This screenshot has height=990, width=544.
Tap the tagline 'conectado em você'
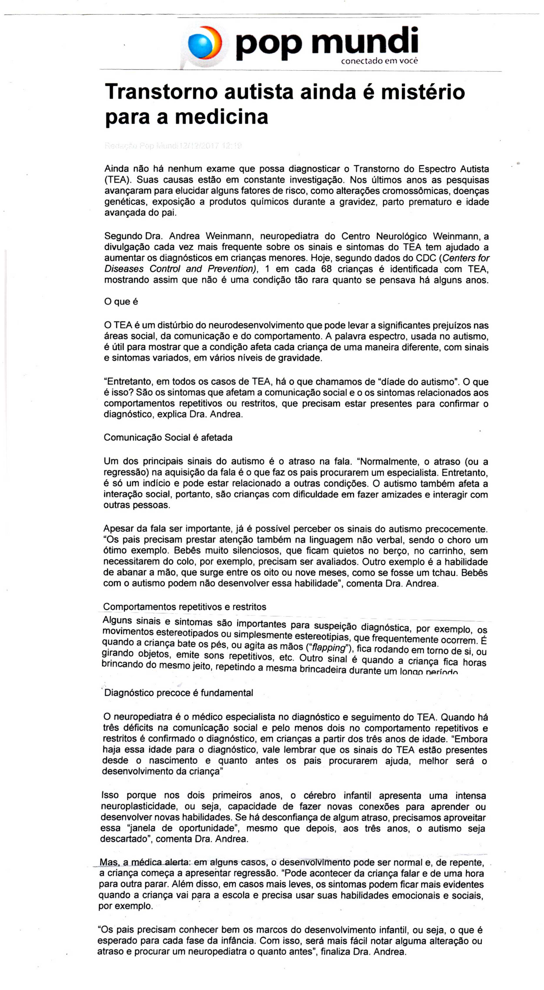pyautogui.click(x=379, y=61)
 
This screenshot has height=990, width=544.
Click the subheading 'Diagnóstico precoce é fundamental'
pyautogui.click(x=179, y=693)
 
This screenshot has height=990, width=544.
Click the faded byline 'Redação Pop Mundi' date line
pyautogui.click(x=173, y=146)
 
